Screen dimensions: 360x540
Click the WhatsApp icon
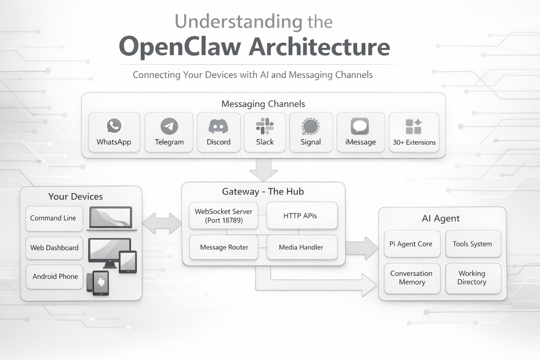[114, 126]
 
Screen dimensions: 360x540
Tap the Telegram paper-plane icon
[169, 126]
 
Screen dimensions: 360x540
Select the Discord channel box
[218, 133]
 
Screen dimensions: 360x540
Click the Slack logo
[265, 126]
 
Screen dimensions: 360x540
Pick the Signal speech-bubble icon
[310, 127]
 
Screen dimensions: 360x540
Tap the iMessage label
[360, 142]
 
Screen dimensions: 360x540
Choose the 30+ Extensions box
[414, 133]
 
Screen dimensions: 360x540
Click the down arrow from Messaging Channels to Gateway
[263, 169]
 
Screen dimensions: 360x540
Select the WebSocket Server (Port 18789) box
[224, 216]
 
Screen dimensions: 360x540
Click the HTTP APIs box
[302, 216]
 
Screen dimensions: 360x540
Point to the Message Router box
[224, 247]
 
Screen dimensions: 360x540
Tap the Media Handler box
[302, 247]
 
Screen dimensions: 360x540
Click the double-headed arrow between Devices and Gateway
[162, 223]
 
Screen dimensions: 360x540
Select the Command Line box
[54, 218]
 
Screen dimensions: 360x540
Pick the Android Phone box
[54, 277]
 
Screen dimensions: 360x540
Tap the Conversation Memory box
[412, 278]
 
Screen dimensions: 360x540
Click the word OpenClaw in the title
[180, 47]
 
